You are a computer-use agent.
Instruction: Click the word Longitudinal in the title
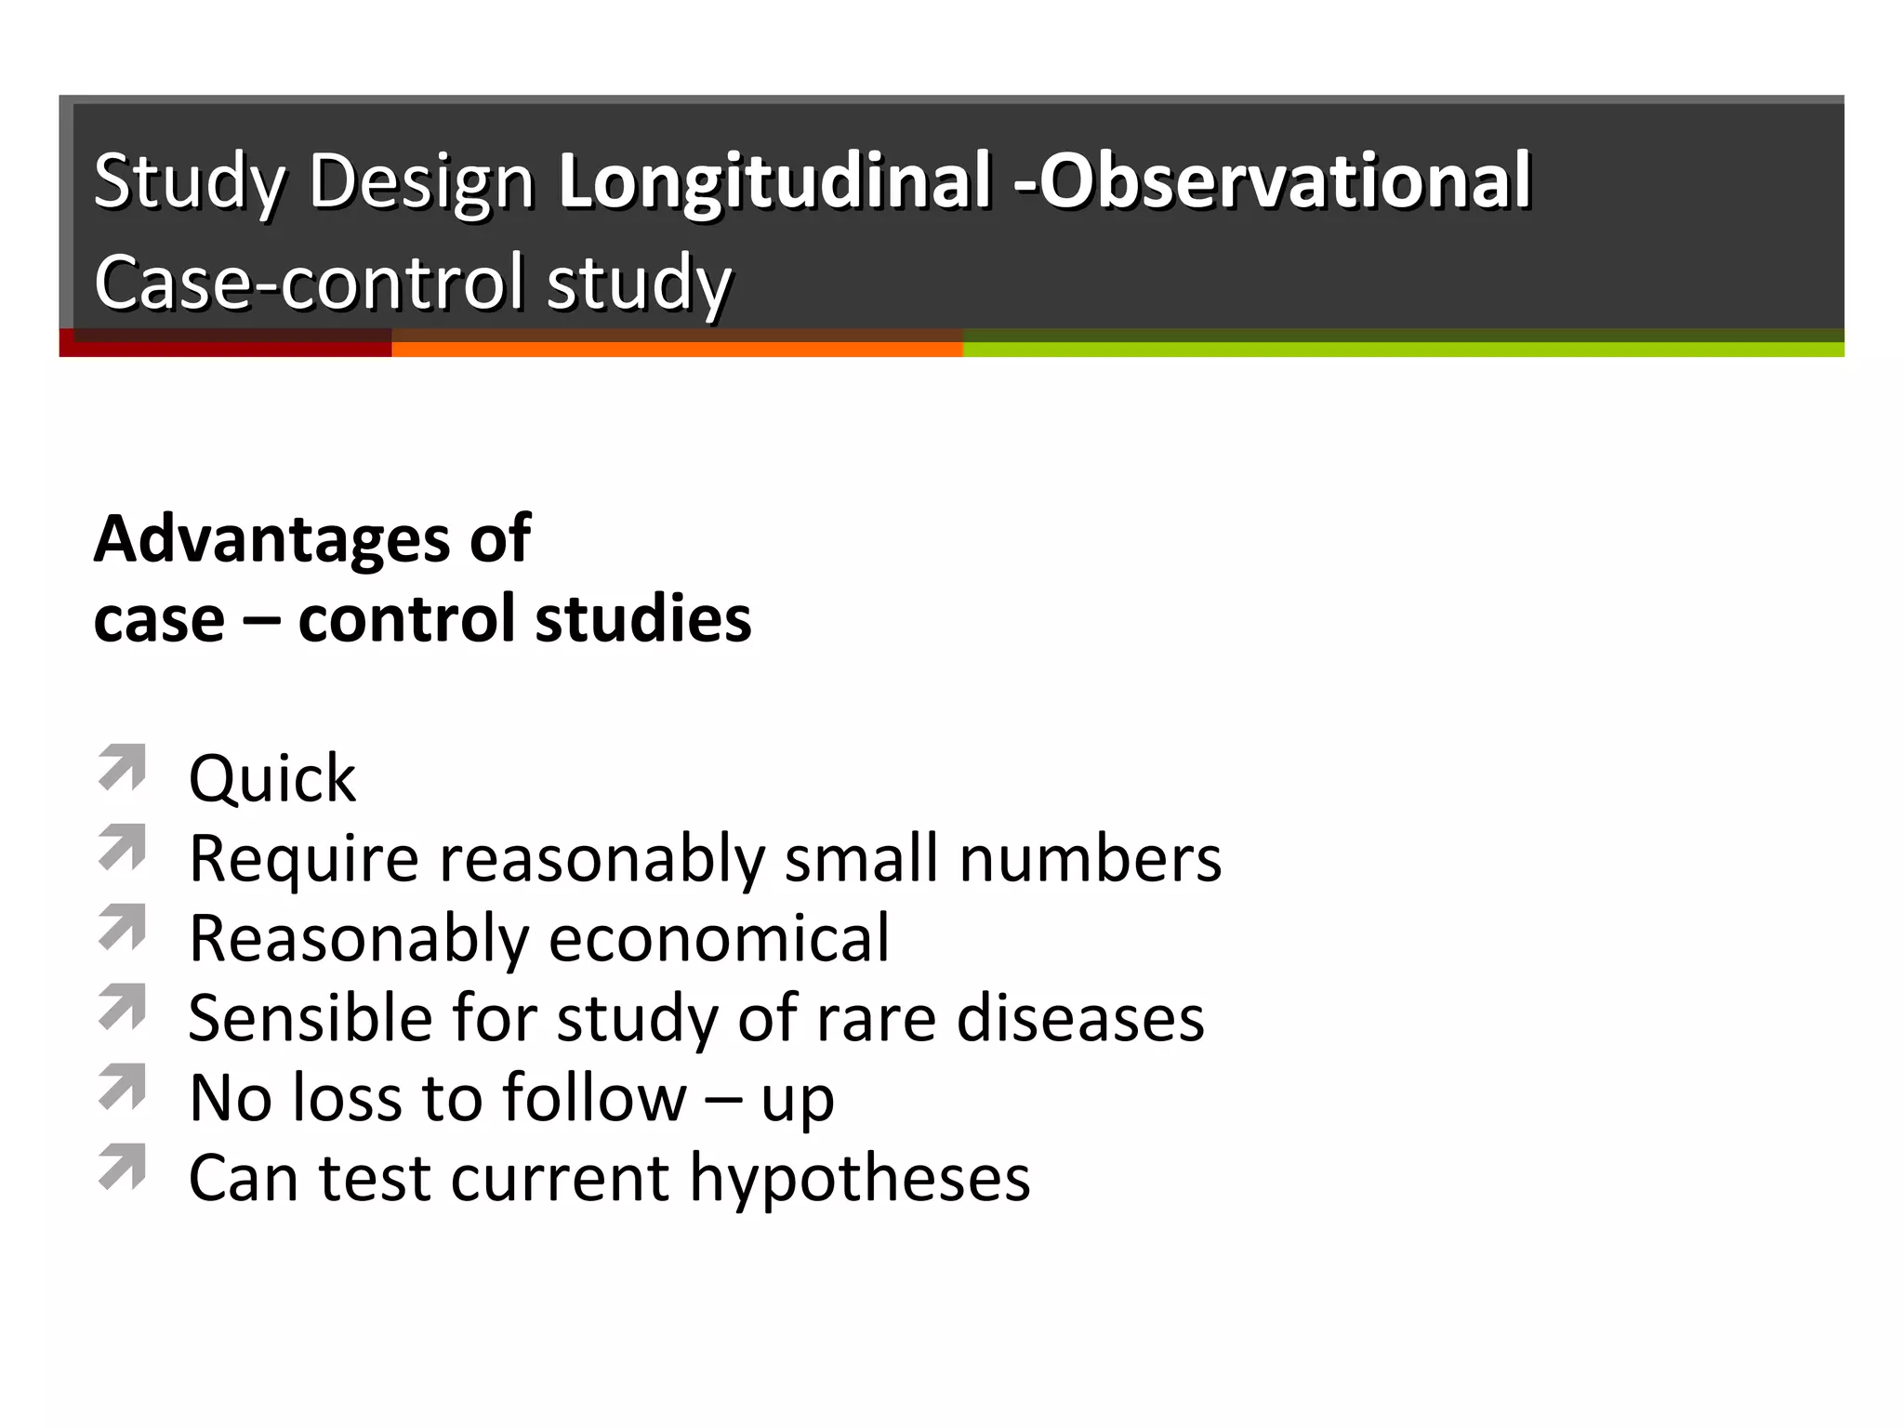pos(773,181)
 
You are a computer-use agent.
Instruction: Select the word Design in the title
pos(420,181)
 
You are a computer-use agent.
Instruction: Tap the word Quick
pos(271,779)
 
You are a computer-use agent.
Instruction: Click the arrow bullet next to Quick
pos(123,768)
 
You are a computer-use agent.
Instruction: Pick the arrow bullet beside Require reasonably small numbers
pos(123,847)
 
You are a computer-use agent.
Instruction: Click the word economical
pos(719,938)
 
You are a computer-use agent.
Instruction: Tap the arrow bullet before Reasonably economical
pos(123,927)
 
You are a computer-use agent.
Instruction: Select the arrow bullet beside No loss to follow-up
pos(123,1087)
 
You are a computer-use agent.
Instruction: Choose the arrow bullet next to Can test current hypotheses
pos(123,1167)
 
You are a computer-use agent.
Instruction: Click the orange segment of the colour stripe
pos(677,350)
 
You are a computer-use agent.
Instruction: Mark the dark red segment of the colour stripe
pos(225,350)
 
